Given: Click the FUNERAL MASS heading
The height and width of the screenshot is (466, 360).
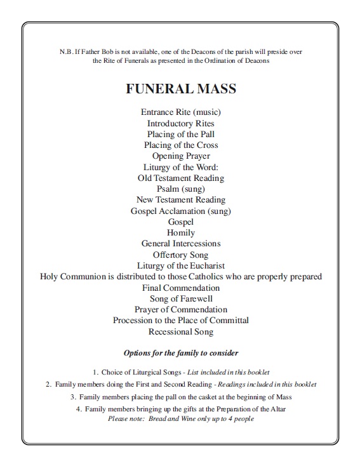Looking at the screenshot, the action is point(181,89).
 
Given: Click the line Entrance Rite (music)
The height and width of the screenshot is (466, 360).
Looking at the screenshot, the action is point(181,112).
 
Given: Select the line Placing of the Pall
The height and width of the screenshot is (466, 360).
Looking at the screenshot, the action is point(181,134).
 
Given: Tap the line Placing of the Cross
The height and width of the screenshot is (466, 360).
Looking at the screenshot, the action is point(181,145).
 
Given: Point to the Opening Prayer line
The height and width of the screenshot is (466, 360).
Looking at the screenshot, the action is point(181,156).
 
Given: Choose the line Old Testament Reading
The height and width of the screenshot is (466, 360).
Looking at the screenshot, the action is point(181,178).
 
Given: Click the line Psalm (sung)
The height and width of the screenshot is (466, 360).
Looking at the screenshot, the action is point(181,189).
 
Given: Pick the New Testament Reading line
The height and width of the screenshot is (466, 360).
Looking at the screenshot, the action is point(181,199).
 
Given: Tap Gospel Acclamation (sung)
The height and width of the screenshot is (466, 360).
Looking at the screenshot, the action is point(181,211).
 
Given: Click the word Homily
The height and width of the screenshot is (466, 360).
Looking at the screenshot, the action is point(181,232).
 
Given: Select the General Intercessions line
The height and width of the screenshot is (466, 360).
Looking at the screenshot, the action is point(181,243).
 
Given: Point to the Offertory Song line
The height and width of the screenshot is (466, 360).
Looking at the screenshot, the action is point(181,255).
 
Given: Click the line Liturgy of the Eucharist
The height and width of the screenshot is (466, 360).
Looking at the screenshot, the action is point(181,265).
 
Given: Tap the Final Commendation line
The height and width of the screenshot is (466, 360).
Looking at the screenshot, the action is point(181,288).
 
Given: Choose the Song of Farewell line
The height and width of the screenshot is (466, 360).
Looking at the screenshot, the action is point(181,298).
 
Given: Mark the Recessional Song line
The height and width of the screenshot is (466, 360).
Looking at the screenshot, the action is point(181,331).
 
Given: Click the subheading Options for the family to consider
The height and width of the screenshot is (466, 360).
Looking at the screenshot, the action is point(181,352).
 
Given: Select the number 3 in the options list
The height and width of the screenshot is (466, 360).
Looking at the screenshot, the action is point(73,397).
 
